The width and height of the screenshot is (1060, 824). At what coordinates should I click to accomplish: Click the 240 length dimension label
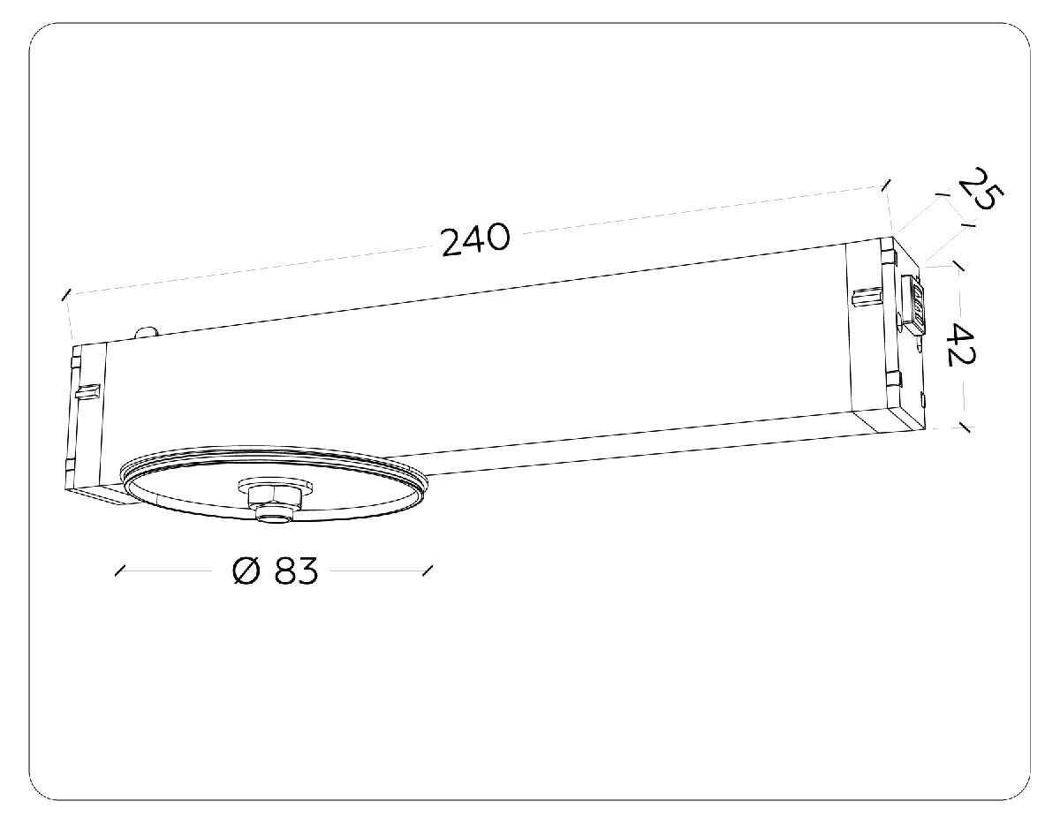tap(475, 238)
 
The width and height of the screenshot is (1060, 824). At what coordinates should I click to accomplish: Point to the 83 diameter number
tap(295, 572)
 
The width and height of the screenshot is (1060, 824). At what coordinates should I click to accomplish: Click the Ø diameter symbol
tap(246, 572)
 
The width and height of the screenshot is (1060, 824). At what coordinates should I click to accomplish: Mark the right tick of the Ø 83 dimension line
tap(428, 571)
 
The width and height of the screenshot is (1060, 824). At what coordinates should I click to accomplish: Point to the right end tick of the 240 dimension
tap(885, 185)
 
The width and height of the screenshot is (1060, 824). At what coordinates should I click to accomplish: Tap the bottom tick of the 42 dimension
tap(964, 428)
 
